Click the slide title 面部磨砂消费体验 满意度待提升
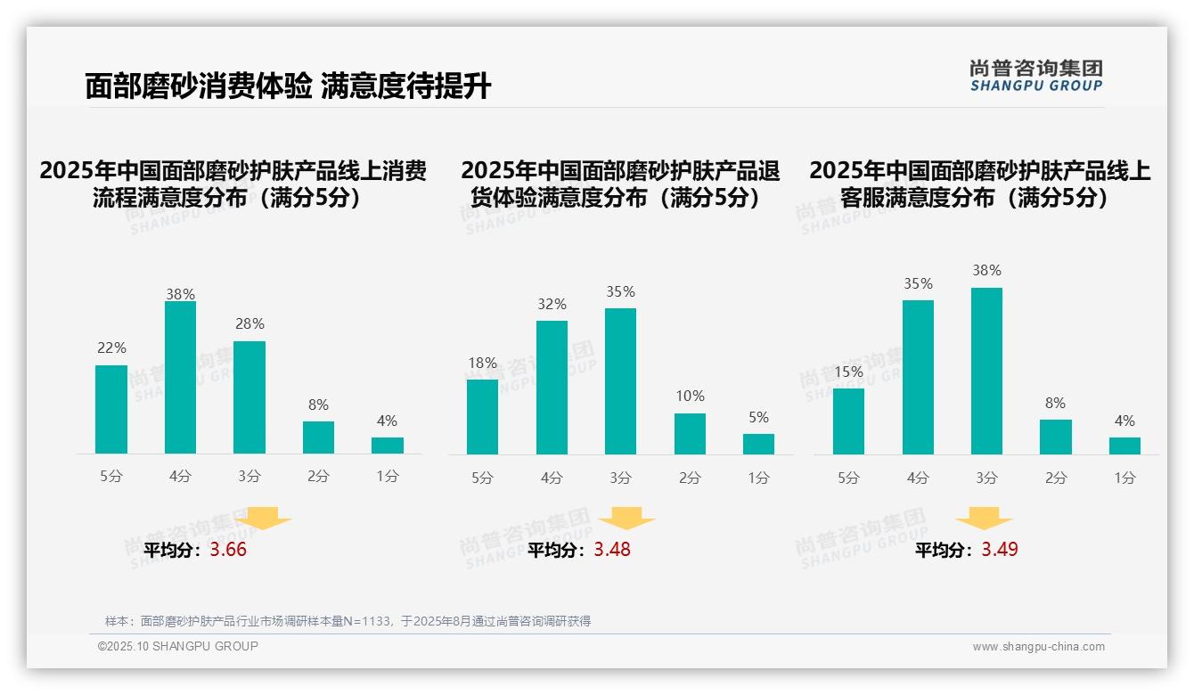pos(288,86)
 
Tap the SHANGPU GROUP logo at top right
pos(1035,76)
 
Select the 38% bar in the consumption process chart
pos(180,378)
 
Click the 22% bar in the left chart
pos(111,409)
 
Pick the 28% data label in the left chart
pos(249,324)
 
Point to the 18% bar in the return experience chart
pos(482,417)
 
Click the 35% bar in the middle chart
pos(620,381)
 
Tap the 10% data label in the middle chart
pos(690,396)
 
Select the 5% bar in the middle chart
pos(758,444)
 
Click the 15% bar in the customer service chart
pos(848,421)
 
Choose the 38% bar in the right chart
pos(986,371)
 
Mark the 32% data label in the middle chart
pos(552,305)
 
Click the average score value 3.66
pos(228,550)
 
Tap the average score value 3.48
pos(612,550)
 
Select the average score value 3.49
pos(1000,550)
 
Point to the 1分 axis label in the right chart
pos(1124,478)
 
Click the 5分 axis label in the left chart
pos(111,477)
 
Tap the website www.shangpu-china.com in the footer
pos(1038,647)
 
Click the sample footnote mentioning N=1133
pos(348,621)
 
